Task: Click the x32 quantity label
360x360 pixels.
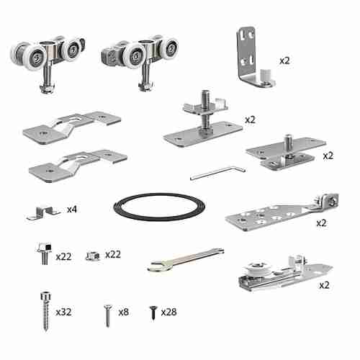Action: coord(63,312)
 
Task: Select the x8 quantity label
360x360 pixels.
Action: coord(123,311)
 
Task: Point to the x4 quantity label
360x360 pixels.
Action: coord(72,210)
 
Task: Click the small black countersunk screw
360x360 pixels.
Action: coord(153,312)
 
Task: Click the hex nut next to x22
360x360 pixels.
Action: coord(91,255)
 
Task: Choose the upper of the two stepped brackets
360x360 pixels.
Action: coord(71,125)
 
